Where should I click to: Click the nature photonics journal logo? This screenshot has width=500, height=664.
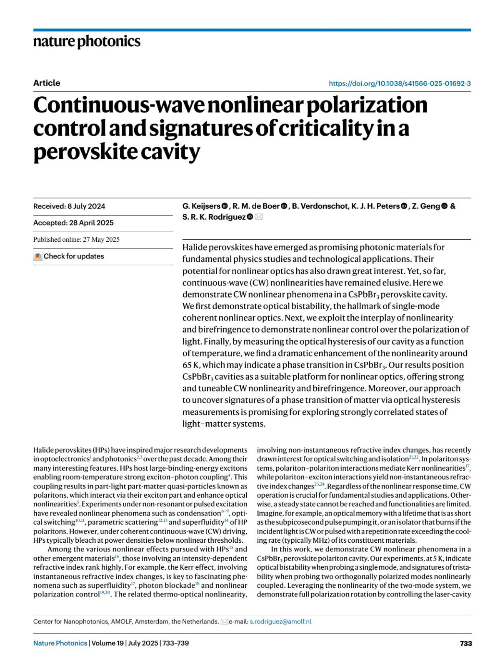click(87, 42)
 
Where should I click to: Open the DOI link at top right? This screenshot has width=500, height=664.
click(400, 83)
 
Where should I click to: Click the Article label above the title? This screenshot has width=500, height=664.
click(47, 83)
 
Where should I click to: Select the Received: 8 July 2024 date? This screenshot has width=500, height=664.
click(69, 206)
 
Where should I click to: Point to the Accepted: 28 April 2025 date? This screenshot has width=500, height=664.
click(73, 223)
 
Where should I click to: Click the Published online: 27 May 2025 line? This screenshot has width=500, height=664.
click(76, 240)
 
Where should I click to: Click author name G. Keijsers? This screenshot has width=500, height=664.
click(201, 206)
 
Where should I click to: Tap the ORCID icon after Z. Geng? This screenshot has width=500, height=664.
click(444, 206)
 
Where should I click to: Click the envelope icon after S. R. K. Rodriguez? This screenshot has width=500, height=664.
click(259, 217)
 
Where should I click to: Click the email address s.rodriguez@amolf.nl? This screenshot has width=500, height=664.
click(280, 621)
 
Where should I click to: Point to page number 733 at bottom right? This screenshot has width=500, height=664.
click(465, 643)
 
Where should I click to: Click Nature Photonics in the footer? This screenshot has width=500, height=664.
click(60, 643)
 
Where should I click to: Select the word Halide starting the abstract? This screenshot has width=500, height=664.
click(196, 247)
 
